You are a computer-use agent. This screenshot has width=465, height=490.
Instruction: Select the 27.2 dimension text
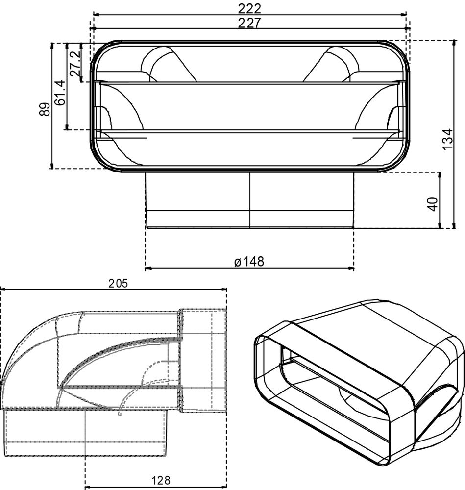(74, 63)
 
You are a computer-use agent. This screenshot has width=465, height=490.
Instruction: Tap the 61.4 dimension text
(60, 93)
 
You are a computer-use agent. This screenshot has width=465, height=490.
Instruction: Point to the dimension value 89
(45, 109)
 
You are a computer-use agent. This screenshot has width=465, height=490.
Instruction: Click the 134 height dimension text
(446, 140)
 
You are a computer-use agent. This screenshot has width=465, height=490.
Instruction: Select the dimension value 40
(432, 204)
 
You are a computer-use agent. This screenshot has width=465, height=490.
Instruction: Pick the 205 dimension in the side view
(118, 283)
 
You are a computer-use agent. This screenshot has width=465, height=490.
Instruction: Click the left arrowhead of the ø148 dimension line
(148, 268)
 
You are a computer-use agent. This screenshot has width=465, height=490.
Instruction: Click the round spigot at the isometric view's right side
(441, 407)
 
